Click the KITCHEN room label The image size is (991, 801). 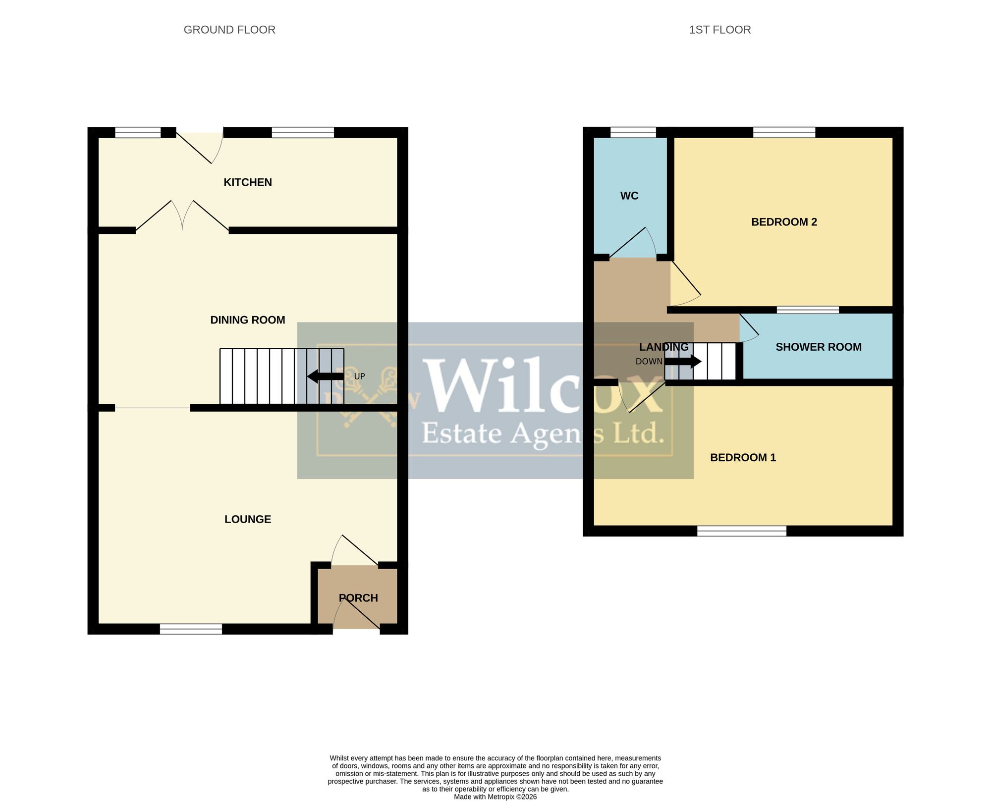(248, 182)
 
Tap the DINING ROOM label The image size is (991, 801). (248, 320)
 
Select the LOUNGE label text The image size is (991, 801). (248, 519)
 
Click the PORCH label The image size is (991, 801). (358, 598)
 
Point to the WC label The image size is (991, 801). (629, 196)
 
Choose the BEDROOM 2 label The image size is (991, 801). (784, 222)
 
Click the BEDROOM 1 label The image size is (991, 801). (743, 457)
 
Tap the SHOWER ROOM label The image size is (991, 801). (819, 347)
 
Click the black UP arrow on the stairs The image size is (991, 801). (325, 376)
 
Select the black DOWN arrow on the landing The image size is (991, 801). (683, 362)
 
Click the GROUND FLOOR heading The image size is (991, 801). (229, 30)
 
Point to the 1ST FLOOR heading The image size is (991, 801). (720, 30)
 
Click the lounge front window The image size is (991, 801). (191, 629)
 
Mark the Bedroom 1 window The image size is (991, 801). (742, 531)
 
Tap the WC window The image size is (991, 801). (633, 132)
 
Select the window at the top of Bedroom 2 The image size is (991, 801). (784, 132)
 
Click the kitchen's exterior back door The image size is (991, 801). (200, 146)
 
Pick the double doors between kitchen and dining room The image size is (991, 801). (182, 215)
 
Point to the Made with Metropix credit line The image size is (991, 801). (495, 797)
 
